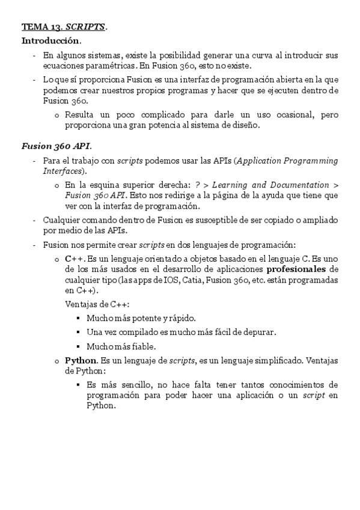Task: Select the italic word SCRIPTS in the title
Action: click(85, 27)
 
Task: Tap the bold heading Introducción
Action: click(50, 41)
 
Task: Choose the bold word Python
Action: click(81, 361)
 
